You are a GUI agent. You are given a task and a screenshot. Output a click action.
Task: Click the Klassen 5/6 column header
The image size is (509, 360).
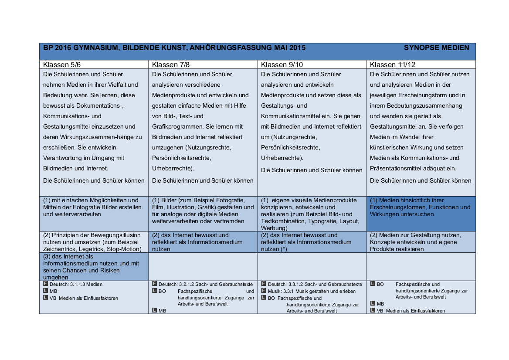coord(62,65)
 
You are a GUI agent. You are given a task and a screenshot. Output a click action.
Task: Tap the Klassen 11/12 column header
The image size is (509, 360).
coord(392,65)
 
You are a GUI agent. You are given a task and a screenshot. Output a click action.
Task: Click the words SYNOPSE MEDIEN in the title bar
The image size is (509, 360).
coord(436,48)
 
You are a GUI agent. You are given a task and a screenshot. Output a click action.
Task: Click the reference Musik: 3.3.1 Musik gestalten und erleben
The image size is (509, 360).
coord(312,291)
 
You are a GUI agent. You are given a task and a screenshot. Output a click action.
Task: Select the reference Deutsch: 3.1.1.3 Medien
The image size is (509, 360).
coord(76,284)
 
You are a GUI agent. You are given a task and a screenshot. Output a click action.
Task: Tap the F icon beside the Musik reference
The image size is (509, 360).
coord(263,291)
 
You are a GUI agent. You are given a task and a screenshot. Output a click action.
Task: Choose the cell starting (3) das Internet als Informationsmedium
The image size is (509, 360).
coord(94,267)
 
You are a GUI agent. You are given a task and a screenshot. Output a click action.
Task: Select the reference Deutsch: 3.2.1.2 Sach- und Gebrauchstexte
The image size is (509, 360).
coord(205,284)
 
